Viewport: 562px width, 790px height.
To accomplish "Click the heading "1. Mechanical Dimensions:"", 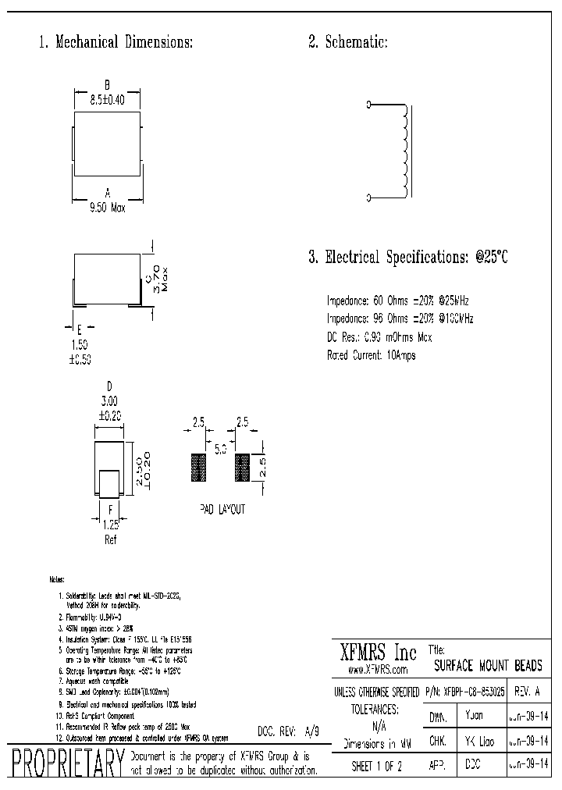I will (116, 42).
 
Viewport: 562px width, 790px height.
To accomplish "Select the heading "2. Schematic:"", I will (347, 42).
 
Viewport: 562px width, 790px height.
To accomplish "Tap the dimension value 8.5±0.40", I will (108, 99).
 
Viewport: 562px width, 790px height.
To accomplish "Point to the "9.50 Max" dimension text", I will (107, 207).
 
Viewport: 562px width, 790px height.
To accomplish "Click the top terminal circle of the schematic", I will (368, 104).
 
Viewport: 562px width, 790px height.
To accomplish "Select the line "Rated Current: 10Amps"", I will (371, 355).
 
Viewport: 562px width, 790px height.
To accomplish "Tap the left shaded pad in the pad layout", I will (197, 467).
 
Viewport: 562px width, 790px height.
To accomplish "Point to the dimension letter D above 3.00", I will (109, 386).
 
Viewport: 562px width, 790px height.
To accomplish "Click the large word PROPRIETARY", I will (66, 764).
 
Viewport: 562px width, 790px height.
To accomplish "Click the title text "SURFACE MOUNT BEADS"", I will (487, 666).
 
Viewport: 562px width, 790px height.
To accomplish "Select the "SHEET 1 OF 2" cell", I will (377, 766).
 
